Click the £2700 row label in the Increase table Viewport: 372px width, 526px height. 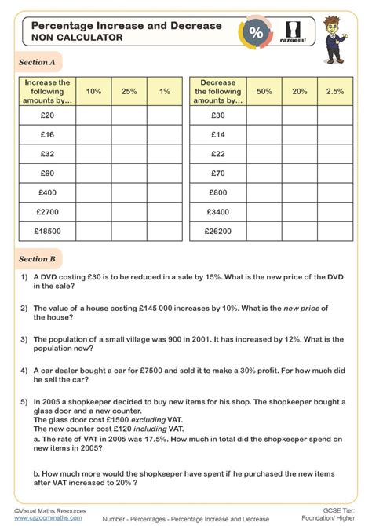tap(49, 211)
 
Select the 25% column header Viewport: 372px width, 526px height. tap(129, 91)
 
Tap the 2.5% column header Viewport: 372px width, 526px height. tap(334, 91)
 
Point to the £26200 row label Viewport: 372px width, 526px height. tap(218, 231)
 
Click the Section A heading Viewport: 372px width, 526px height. tap(37, 62)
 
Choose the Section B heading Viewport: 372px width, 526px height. tap(37, 258)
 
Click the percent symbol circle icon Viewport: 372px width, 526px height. tap(256, 33)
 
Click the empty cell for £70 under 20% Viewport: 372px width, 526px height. tap(300, 172)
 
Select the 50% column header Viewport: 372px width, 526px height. tap(264, 91)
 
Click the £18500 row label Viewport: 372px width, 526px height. tap(49, 231)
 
